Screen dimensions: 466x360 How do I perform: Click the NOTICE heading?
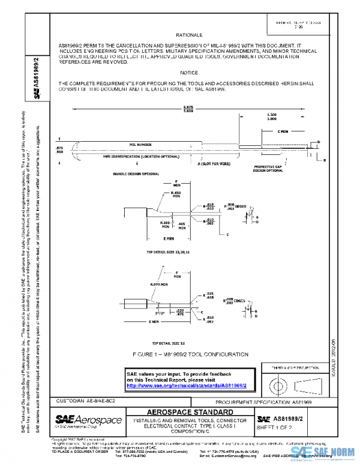pos(188,72)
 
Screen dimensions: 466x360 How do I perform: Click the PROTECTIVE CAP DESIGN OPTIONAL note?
pos(268,168)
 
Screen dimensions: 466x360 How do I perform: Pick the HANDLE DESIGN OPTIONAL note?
pos(136,174)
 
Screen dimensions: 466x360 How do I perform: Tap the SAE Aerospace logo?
pos(88,418)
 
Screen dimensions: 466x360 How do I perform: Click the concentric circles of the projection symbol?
pos(278,383)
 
